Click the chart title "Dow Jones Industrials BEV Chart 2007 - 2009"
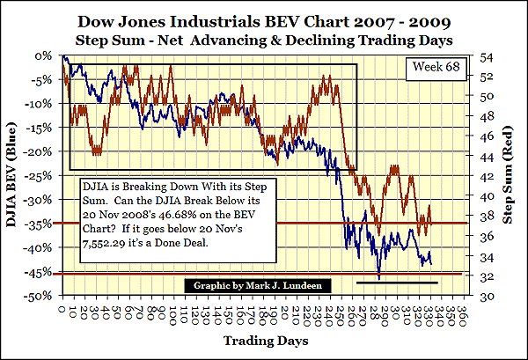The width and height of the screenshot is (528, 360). click(263, 18)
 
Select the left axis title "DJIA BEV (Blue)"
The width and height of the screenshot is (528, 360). click(19, 174)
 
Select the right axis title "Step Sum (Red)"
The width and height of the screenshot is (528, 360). click(510, 174)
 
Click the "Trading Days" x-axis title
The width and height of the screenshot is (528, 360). click(264, 340)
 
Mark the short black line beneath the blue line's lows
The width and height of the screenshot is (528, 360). click(397, 283)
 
